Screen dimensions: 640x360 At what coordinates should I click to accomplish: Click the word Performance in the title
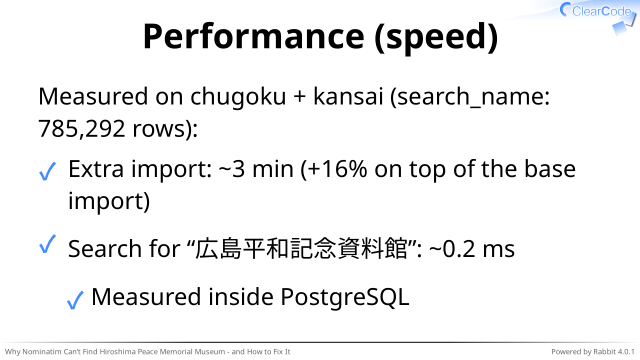[x=253, y=36]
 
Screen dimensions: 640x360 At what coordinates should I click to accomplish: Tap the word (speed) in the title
[x=436, y=38]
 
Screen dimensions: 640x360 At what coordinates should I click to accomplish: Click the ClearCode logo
[x=598, y=16]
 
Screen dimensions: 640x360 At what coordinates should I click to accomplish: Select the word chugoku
[x=238, y=97]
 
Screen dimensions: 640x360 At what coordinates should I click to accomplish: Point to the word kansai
[x=348, y=96]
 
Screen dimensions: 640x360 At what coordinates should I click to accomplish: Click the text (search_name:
[x=470, y=97]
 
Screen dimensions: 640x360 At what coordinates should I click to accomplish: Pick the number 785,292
[x=81, y=129]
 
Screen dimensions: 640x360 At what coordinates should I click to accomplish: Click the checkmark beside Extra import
[x=47, y=171]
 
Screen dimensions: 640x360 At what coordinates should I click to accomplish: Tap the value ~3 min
[x=256, y=169]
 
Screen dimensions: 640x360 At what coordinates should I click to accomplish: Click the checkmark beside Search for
[x=47, y=244]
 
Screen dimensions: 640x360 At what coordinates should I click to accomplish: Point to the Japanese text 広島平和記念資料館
[x=301, y=248]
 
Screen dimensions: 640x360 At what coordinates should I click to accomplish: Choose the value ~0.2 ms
[x=472, y=249]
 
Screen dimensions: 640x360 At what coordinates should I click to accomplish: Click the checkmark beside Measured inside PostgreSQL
[x=75, y=300]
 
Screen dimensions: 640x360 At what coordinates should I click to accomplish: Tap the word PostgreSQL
[x=345, y=298]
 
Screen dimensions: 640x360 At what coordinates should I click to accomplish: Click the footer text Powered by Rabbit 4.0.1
[x=593, y=351]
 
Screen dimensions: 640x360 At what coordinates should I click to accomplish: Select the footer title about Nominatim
[x=147, y=351]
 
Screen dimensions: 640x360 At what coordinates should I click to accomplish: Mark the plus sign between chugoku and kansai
[x=300, y=98]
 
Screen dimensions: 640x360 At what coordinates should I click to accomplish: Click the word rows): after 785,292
[x=165, y=129]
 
